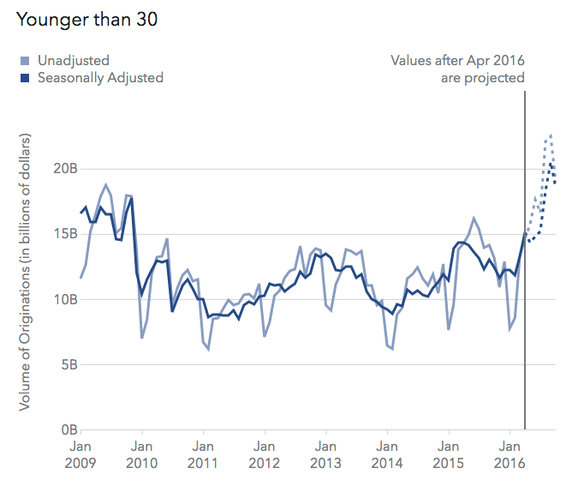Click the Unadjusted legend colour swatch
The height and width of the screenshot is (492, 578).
(26, 61)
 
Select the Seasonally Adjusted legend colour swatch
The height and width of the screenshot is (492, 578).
(26, 78)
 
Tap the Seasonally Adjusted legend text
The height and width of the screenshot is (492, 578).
(99, 78)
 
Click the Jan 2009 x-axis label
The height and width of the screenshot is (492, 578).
(80, 454)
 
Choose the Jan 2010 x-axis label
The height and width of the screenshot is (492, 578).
(141, 454)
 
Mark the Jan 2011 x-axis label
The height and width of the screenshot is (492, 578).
(203, 454)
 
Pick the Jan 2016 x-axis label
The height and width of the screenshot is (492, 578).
(510, 454)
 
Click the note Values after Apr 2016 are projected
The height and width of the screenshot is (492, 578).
(457, 69)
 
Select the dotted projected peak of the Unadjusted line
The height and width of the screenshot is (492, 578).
(551, 135)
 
